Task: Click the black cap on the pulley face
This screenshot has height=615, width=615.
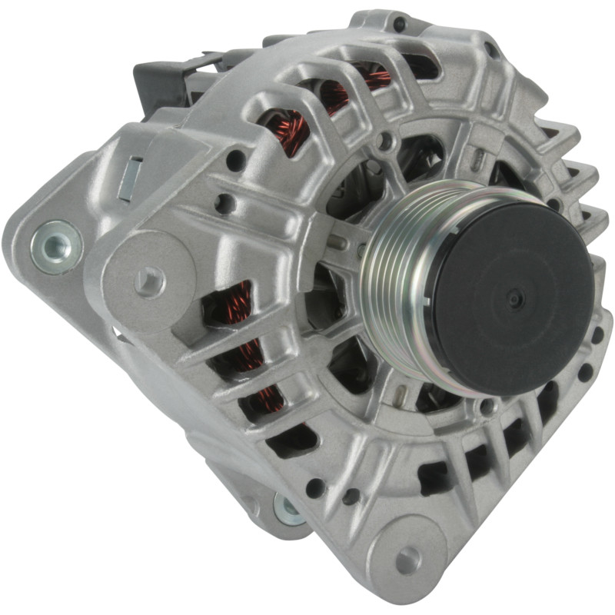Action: click(x=511, y=296)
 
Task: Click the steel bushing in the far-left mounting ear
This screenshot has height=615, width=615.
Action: click(x=55, y=245)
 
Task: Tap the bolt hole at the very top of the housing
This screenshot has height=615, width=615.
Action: click(x=399, y=24)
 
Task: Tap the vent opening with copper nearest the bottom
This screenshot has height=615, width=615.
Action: click(x=265, y=400)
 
